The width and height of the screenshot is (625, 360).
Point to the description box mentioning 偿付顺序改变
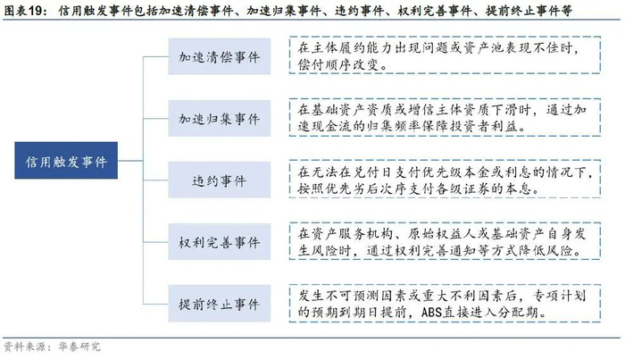(x=446, y=55)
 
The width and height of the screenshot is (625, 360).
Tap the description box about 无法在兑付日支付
(x=446, y=180)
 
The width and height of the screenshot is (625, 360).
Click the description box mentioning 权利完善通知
(x=446, y=242)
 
